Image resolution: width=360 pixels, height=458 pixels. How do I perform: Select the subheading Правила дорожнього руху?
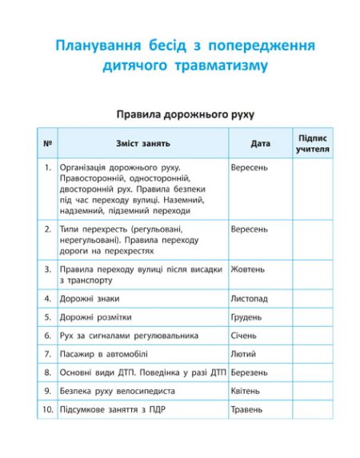tap(180, 115)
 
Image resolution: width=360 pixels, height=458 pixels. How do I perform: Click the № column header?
tap(48, 144)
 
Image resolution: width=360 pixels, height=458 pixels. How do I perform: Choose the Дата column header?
tap(260, 144)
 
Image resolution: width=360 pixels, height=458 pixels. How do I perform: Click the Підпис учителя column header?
tap(312, 144)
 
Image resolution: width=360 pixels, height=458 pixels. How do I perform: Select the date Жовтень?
tap(248, 269)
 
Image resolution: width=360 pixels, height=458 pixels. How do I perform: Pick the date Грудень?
tap(247, 317)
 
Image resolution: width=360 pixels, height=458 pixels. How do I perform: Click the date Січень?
tap(245, 336)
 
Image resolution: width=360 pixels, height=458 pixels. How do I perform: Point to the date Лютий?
tap(244, 354)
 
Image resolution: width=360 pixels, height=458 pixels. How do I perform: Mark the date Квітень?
tap(246, 391)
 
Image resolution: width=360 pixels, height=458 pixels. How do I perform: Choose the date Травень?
tap(247, 409)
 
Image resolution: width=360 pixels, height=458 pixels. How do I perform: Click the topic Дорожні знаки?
tap(90, 299)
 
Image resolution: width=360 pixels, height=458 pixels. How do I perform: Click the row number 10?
tap(47, 409)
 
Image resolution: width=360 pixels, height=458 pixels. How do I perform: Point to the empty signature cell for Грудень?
tap(312, 317)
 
